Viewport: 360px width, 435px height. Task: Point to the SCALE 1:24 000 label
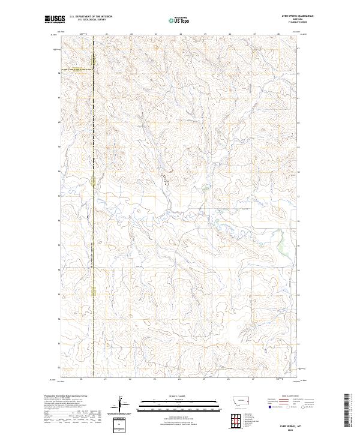[179, 397]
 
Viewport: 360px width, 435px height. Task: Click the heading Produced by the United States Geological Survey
[65, 397]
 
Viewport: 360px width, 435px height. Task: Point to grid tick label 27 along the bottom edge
[254, 379]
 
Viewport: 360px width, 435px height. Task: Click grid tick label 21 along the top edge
[106, 34]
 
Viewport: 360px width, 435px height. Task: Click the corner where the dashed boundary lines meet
[93, 70]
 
